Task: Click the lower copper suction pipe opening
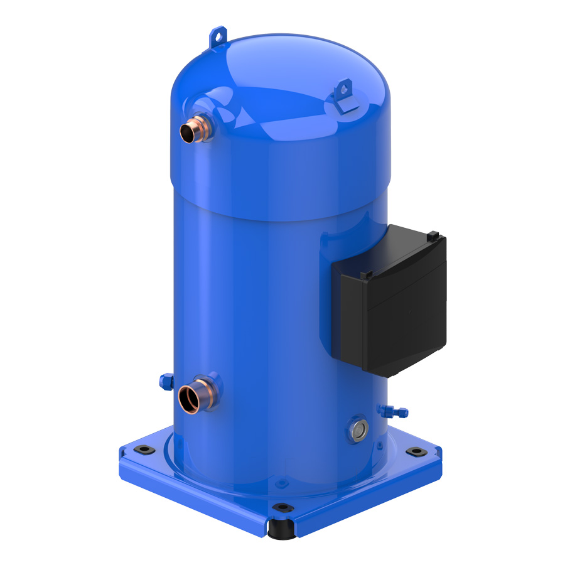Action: pyautogui.click(x=188, y=398)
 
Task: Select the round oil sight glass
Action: pyautogui.click(x=360, y=429)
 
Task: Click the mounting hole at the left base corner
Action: pyautogui.click(x=143, y=449)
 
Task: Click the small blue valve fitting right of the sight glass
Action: pyautogui.click(x=392, y=411)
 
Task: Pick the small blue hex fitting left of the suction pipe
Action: pyautogui.click(x=165, y=380)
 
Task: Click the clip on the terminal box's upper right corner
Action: pyautogui.click(x=433, y=235)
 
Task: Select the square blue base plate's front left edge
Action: pyautogui.click(x=188, y=496)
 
